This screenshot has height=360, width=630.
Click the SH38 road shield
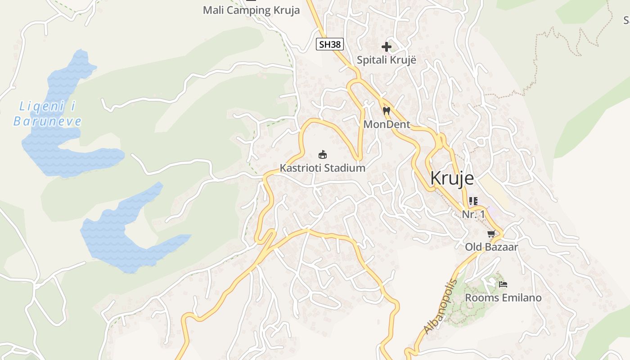[x=330, y=44]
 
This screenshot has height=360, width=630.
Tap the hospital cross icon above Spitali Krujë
[x=386, y=46]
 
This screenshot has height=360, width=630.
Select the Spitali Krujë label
[x=386, y=60]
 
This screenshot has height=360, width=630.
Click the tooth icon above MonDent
[x=386, y=111]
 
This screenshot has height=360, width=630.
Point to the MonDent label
[x=387, y=124]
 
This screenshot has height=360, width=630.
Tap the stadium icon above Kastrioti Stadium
[x=322, y=155]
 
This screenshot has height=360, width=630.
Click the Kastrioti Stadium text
[x=322, y=168]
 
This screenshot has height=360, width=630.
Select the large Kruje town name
[x=452, y=179]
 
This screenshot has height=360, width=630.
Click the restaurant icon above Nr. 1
[x=473, y=201]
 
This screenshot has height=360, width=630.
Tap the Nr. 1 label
[x=473, y=214]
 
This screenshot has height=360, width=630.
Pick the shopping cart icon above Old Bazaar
[x=491, y=234]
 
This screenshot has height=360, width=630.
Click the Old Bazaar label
[x=491, y=247]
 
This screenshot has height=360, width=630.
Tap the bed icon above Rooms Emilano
[x=503, y=284]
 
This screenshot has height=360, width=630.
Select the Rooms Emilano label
[x=503, y=297]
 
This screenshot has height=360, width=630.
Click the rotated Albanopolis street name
[x=440, y=307]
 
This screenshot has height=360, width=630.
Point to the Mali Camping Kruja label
[x=251, y=10]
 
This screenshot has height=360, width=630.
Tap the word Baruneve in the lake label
[x=47, y=121]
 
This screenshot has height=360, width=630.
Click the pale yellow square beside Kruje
[x=493, y=191]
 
